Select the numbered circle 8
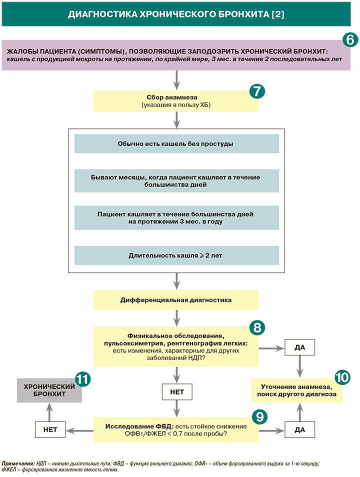click(256, 327)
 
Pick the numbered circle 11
click(82, 378)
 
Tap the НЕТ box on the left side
click(48, 429)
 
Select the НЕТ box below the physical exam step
click(176, 391)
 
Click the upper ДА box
click(299, 346)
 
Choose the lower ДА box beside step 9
click(299, 429)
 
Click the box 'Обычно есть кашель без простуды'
click(176, 143)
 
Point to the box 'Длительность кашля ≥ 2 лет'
click(176, 255)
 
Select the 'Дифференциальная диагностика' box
click(176, 300)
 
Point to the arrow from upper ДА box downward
click(299, 366)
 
